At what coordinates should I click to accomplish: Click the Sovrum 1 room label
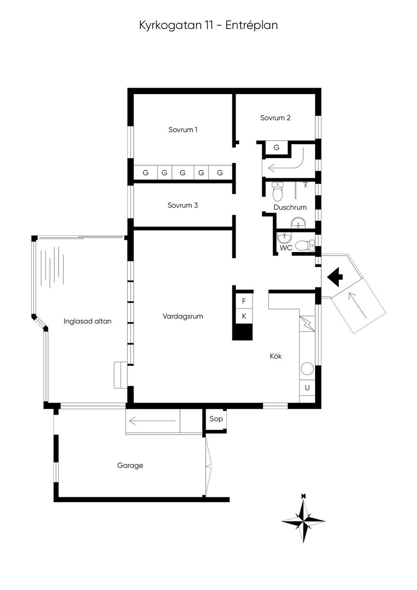click(183, 129)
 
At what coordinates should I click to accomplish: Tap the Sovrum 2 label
click(275, 118)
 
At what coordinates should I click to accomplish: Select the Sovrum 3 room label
click(182, 205)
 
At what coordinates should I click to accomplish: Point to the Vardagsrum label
click(183, 316)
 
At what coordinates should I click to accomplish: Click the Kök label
click(276, 356)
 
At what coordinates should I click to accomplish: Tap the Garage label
click(130, 465)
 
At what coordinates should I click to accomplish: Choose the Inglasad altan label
click(88, 321)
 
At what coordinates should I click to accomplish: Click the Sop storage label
click(216, 419)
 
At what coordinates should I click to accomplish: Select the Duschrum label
click(290, 207)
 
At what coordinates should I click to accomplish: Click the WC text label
click(286, 248)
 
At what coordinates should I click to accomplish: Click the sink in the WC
click(284, 238)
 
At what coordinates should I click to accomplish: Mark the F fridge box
click(244, 301)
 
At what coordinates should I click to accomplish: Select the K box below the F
click(244, 316)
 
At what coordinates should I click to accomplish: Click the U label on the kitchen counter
click(307, 388)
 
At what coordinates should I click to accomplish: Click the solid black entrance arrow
click(335, 277)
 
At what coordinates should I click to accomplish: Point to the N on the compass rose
click(304, 496)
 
